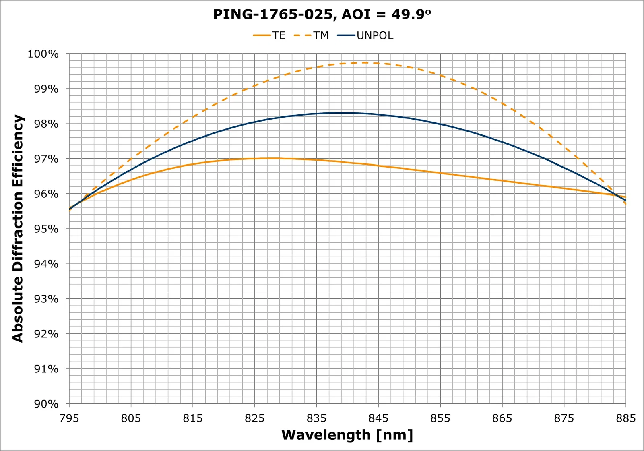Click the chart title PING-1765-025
[322, 14]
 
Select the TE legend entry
[279, 35]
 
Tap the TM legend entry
[321, 35]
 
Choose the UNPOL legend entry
[375, 35]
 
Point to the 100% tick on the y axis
[43, 54]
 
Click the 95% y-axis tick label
[46, 229]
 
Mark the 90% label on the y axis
[46, 404]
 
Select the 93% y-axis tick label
[46, 299]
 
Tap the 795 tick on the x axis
[69, 418]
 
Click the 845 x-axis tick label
[378, 418]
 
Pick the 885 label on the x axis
[625, 418]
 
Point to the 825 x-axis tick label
[255, 418]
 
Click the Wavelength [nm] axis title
[347, 435]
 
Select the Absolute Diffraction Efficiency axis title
[18, 228]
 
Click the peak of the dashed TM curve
[364, 62]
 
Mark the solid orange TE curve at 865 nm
[502, 180]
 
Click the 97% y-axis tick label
[46, 159]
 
